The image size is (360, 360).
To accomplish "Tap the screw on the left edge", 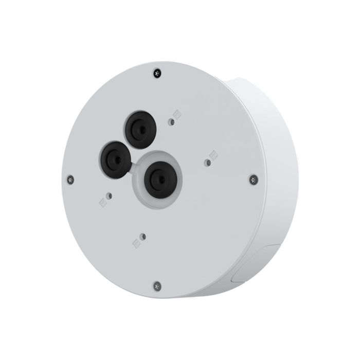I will (x=71, y=179).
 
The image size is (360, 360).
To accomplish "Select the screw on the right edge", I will (x=253, y=178).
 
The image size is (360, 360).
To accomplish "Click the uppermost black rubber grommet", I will (x=138, y=129).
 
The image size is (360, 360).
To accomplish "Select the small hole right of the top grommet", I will (x=171, y=122).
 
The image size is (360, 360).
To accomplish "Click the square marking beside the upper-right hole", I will (x=178, y=115).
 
